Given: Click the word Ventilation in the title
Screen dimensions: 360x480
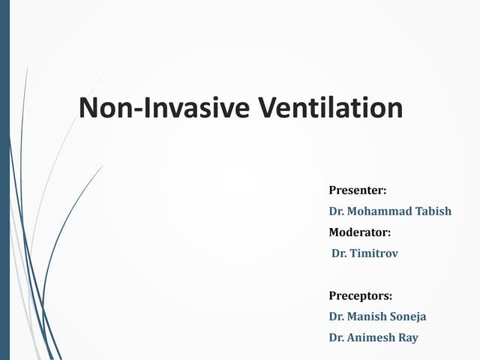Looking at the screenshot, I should [x=331, y=108].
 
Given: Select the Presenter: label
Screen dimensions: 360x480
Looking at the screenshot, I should [x=357, y=190].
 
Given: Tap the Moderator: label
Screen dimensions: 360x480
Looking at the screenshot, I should [x=360, y=232].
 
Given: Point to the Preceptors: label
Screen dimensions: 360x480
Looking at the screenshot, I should [x=361, y=295].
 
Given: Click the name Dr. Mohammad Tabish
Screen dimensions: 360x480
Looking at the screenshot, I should [x=390, y=211].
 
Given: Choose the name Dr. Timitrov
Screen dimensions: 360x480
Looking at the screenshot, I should [x=365, y=253].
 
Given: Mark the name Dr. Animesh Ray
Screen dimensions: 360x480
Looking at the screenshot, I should [x=373, y=337].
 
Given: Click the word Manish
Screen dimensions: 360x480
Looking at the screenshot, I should [x=370, y=316].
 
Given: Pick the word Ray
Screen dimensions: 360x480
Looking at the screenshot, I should [x=407, y=337].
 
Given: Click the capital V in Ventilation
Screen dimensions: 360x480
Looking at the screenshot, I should [x=267, y=108].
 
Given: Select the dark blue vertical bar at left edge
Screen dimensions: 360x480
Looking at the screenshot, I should [x=4, y=180].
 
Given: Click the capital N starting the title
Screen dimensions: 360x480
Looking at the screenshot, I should [x=89, y=108].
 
